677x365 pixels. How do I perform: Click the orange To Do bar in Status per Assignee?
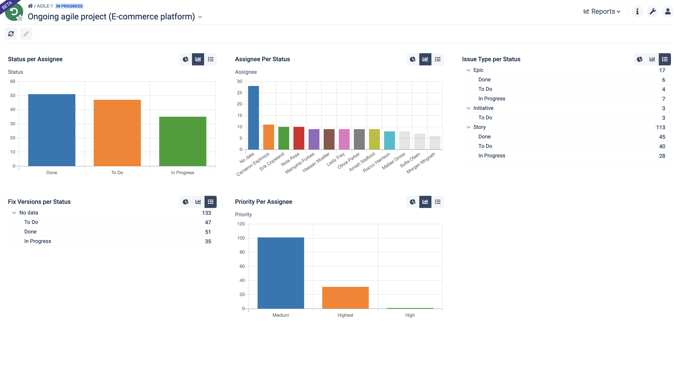click(117, 133)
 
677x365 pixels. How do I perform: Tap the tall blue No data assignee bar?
click(253, 118)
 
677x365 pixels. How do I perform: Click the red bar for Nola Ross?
click(299, 138)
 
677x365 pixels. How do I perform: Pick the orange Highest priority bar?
click(345, 298)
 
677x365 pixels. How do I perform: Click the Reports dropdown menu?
click(602, 12)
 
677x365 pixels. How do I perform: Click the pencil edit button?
click(26, 34)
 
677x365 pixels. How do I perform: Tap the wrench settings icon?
click(652, 12)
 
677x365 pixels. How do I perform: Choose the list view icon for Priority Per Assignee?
click(438, 202)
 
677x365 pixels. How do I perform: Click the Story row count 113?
click(660, 127)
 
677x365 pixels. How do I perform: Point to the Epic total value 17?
click(662, 70)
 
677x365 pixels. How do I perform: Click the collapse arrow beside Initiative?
click(468, 108)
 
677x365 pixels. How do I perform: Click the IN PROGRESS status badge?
click(69, 6)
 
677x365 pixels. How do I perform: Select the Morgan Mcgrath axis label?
click(421, 163)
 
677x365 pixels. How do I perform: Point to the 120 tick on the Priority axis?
click(241, 224)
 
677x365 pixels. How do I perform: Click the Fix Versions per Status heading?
click(39, 202)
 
